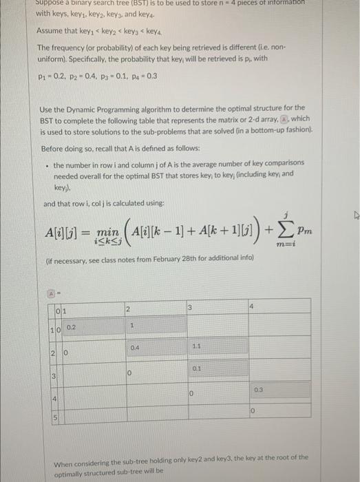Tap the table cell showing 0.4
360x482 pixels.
coord(135,348)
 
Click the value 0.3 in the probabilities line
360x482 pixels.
coord(151,76)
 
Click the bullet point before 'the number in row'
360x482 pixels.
coord(46,165)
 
